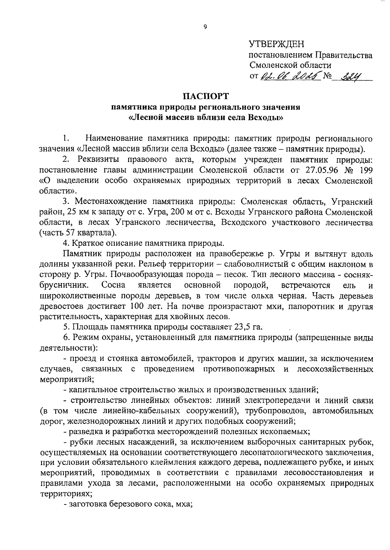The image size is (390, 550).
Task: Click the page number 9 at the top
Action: [x=205, y=27]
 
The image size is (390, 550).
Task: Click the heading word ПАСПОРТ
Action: [x=205, y=97]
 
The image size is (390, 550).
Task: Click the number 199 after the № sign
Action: [x=365, y=170]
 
